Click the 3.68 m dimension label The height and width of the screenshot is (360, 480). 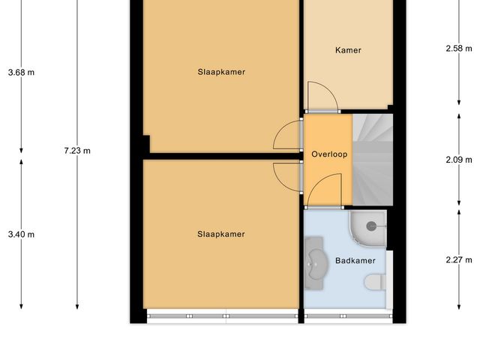click(21, 73)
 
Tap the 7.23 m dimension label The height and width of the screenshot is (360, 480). click(77, 151)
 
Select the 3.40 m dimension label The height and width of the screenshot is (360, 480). click(21, 234)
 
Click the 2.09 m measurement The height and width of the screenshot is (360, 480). click(459, 160)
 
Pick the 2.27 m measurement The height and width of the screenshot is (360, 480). click(459, 260)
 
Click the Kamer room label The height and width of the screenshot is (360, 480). click(348, 50)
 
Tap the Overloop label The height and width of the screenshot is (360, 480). click(328, 154)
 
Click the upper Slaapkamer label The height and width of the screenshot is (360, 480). click(221, 72)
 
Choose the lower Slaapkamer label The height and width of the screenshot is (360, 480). click(221, 234)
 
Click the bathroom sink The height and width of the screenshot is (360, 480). click(316, 262)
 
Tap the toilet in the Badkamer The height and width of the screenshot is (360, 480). click(376, 282)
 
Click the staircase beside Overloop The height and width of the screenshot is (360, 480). click(372, 160)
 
